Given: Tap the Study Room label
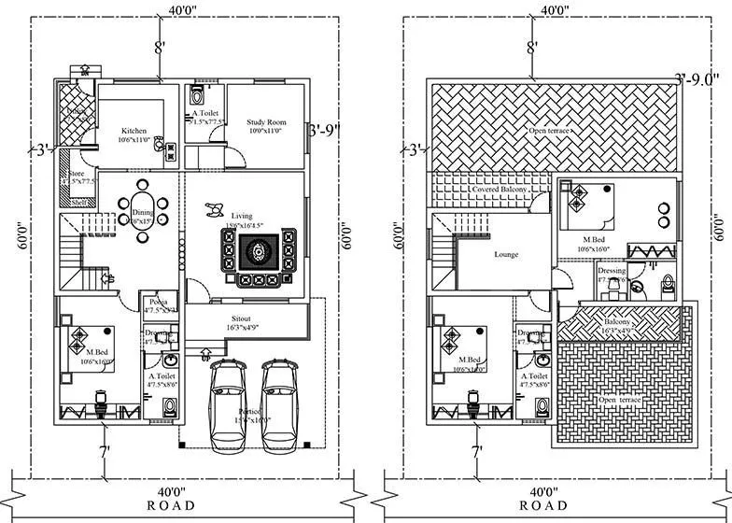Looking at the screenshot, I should click(266, 122).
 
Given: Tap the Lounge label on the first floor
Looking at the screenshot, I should click(506, 254).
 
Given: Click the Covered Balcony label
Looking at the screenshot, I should click(500, 190).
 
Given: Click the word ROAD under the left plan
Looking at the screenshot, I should click(172, 505).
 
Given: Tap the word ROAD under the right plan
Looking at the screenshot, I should click(542, 505).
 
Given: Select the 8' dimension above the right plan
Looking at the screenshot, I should click(532, 47).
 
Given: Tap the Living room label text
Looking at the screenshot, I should click(217, 216).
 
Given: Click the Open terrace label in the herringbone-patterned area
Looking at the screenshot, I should click(551, 130).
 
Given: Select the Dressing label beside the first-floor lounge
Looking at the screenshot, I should click(612, 271).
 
